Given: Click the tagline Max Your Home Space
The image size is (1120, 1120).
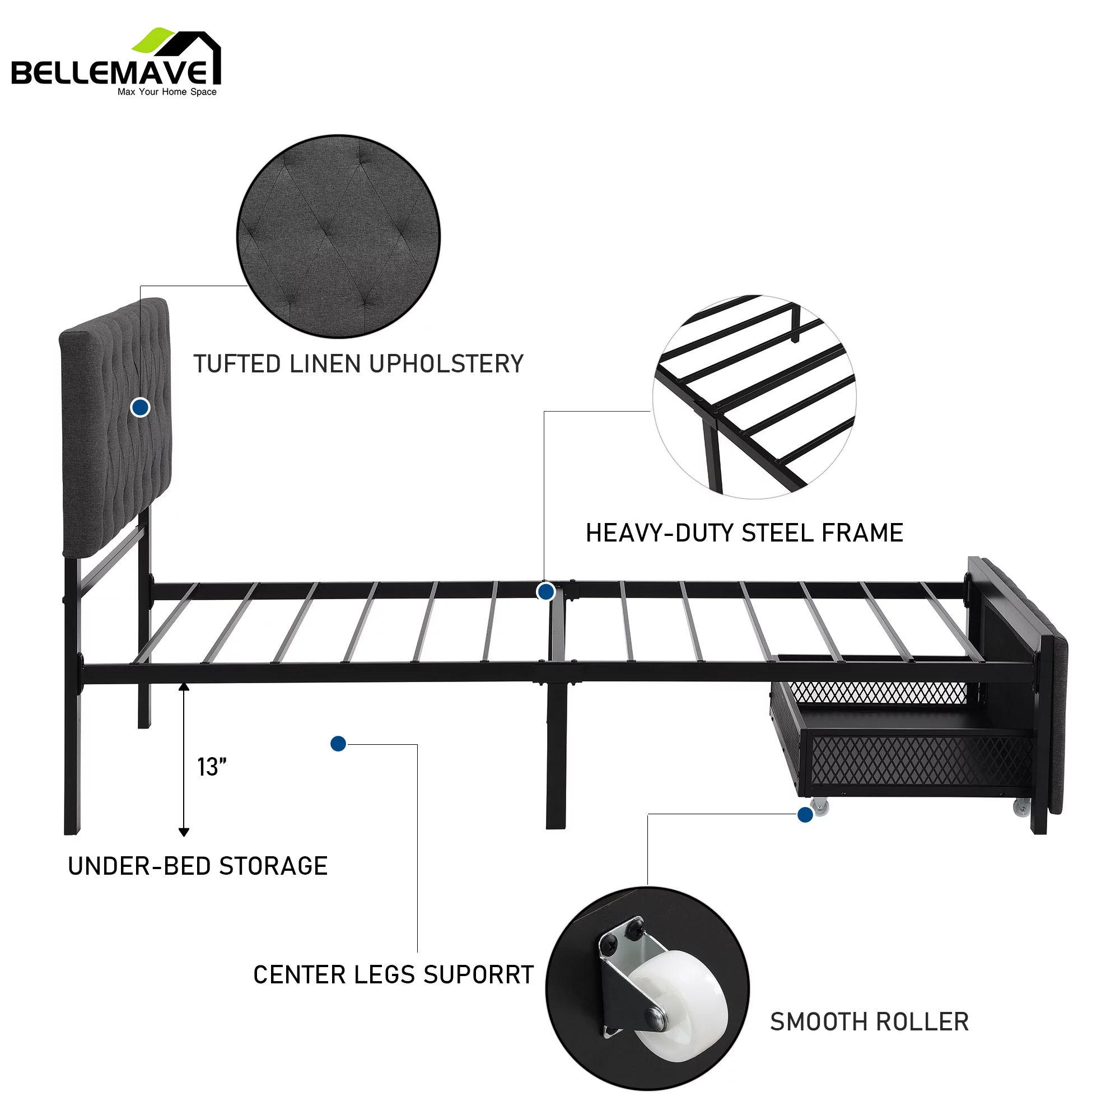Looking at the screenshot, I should click(167, 92).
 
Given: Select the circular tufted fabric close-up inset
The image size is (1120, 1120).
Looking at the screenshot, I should click(339, 236).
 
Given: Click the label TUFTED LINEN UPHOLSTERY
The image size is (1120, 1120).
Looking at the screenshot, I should click(358, 364).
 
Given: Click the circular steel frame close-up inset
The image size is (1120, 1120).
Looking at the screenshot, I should click(754, 397).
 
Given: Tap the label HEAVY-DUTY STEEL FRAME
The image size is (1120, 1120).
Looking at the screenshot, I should click(744, 533).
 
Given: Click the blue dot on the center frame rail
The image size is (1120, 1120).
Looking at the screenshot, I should click(545, 592).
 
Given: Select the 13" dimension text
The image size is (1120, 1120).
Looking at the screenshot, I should click(212, 767).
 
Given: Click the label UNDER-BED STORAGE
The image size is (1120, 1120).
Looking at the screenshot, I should click(198, 866).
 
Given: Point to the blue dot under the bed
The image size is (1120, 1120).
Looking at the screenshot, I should click(338, 744).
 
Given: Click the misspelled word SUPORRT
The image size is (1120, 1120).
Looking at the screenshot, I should click(478, 975).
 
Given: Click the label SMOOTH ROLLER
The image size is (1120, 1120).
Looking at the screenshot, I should click(869, 1021).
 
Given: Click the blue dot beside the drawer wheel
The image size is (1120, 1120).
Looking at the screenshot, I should click(805, 815).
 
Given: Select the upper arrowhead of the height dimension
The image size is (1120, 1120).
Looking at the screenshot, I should click(184, 688).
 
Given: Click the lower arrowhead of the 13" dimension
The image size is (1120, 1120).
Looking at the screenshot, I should click(184, 833).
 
